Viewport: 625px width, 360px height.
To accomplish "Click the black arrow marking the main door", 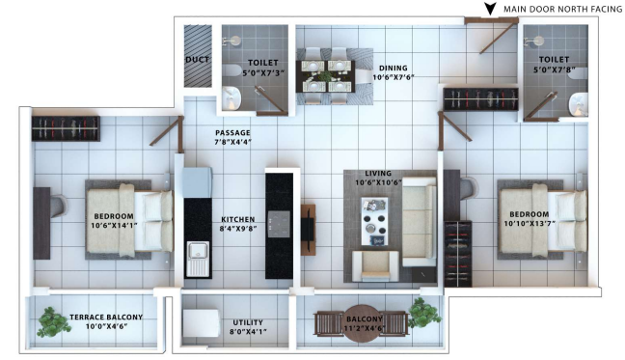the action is pyautogui.click(x=490, y=9).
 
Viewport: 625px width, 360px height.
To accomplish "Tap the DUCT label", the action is pyautogui.click(x=198, y=60).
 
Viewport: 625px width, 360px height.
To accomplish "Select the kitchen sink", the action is pyautogui.click(x=198, y=259).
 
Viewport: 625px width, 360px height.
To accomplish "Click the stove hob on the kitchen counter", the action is pyautogui.click(x=279, y=224).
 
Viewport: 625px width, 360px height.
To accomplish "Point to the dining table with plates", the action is pyautogui.click(x=326, y=76).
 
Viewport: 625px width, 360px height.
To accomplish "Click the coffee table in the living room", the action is pyautogui.click(x=374, y=221).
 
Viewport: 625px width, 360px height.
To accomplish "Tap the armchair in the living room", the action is pyautogui.click(x=375, y=265).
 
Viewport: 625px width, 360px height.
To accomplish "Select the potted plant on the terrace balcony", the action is pyautogui.click(x=53, y=321).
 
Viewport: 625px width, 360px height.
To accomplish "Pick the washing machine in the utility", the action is pyautogui.click(x=202, y=323).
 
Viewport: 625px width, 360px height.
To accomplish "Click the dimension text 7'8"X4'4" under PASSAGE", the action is pyautogui.click(x=233, y=142).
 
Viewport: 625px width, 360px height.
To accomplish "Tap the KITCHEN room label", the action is pyautogui.click(x=238, y=220).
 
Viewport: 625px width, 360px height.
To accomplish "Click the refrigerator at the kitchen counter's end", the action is pyautogui.click(x=198, y=182).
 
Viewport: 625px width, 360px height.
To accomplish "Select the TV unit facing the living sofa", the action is pyautogui.click(x=308, y=230).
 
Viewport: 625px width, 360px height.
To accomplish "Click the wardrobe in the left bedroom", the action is pyautogui.click(x=66, y=128).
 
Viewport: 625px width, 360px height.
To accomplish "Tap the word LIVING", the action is pyautogui.click(x=378, y=174).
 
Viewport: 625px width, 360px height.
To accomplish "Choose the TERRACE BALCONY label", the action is pyautogui.click(x=106, y=318).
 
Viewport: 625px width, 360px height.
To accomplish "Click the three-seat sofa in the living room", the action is pyautogui.click(x=420, y=222).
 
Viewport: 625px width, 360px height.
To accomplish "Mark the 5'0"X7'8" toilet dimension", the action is pyautogui.click(x=554, y=69).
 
